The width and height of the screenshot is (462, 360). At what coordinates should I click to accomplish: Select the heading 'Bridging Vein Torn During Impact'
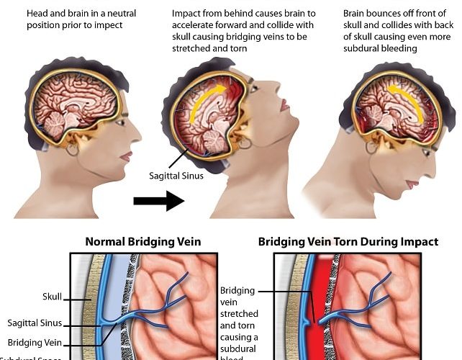[x=348, y=242]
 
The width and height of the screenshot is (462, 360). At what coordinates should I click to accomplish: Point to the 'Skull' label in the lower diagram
[x=53, y=296]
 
